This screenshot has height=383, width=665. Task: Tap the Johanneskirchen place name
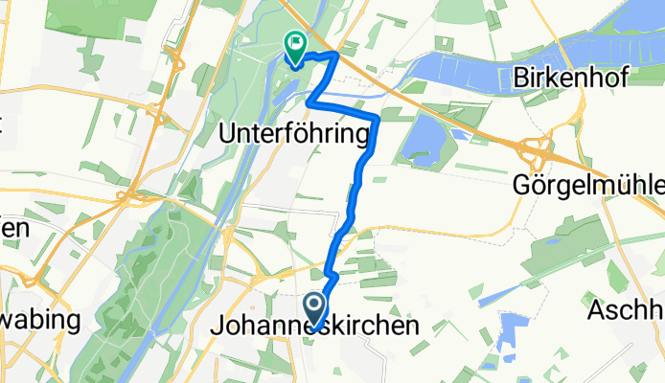pyautogui.click(x=313, y=327)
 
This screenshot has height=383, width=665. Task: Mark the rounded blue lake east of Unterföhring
pyautogui.click(x=420, y=142)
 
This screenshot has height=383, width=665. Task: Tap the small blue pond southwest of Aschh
pyautogui.click(x=508, y=330)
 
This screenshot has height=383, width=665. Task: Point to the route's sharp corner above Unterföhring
pyautogui.click(x=309, y=99)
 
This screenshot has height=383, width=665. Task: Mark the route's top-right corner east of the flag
pyautogui.click(x=335, y=56)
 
